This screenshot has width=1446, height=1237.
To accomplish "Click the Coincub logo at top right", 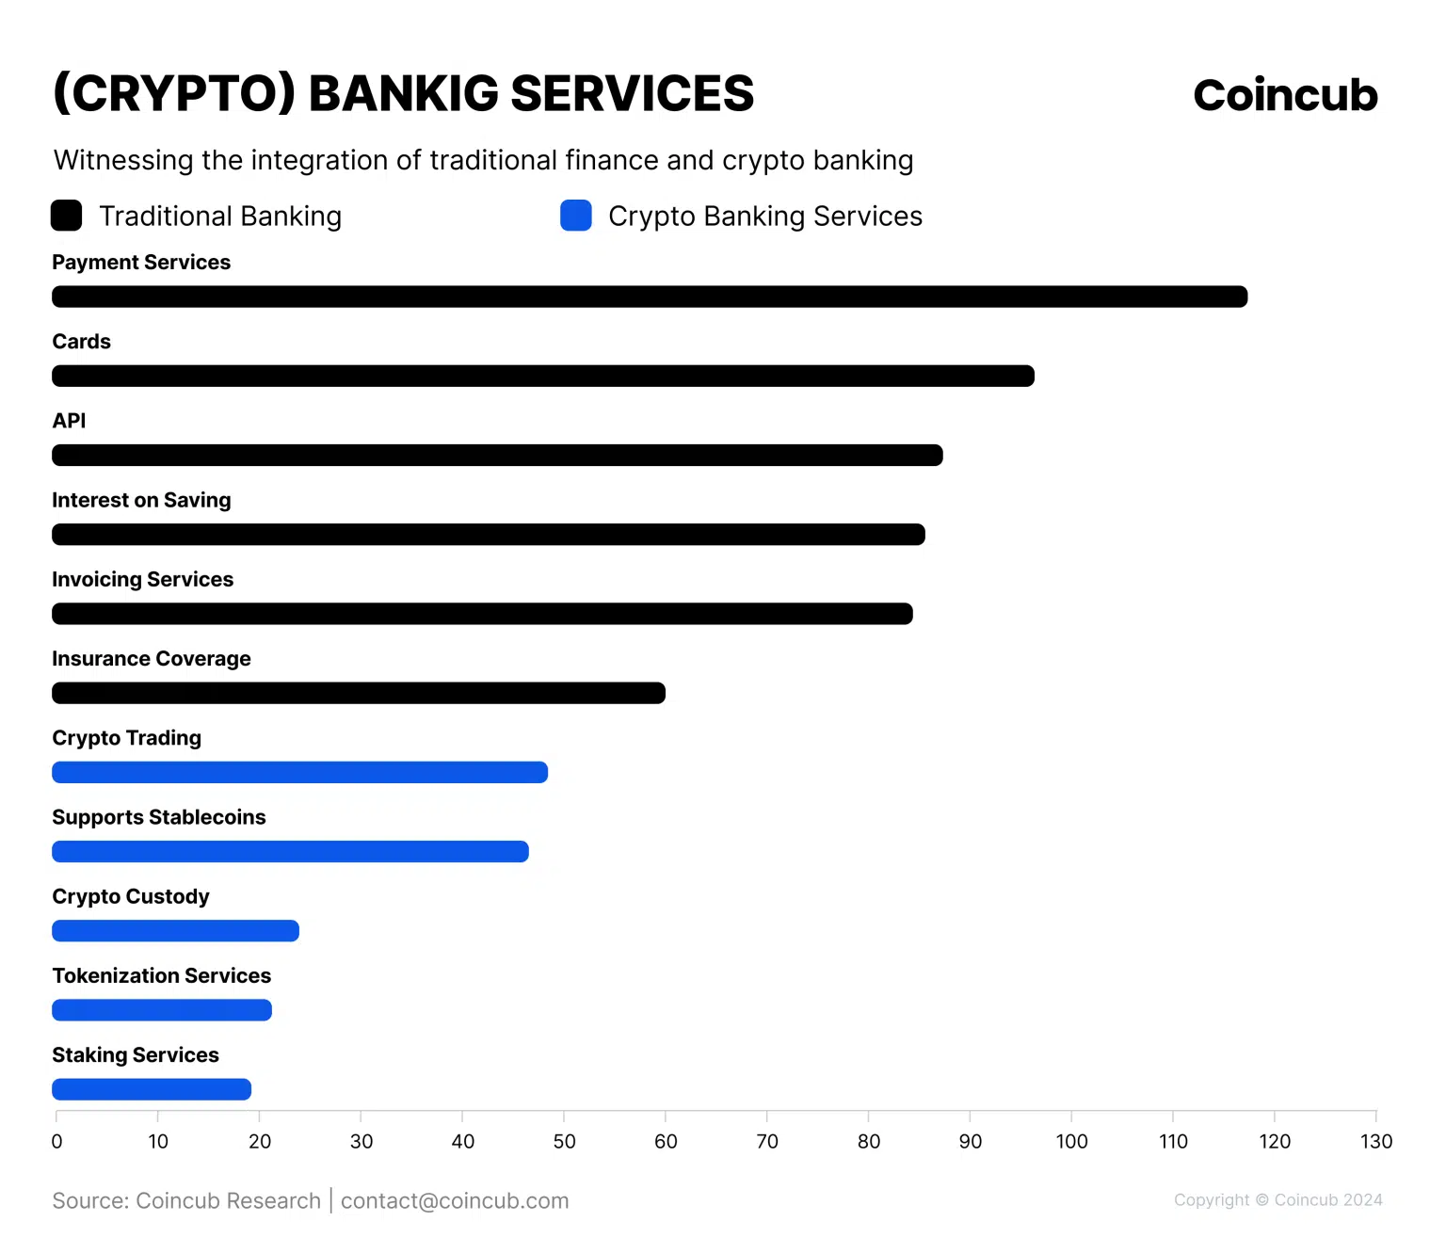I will [1285, 95].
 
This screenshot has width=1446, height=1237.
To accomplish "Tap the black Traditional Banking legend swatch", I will [67, 216].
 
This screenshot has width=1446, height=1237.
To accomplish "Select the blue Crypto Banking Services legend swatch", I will [576, 216].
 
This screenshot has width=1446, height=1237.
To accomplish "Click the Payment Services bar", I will [650, 297].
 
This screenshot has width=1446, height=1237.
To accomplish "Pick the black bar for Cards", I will [543, 377].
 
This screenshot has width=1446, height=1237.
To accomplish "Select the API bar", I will [497, 456].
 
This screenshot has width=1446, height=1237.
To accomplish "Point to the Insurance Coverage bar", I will [359, 694].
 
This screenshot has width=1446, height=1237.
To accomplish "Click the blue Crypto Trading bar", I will [299, 773].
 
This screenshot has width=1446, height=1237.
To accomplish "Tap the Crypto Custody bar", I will [175, 931].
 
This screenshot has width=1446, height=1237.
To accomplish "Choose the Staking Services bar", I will [152, 1090].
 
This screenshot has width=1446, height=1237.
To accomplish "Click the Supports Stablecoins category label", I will [159, 817].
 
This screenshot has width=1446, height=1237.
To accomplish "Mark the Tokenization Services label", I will [161, 975].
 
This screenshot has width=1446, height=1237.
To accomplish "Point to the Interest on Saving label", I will [141, 500].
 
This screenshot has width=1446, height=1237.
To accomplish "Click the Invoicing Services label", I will [142, 579].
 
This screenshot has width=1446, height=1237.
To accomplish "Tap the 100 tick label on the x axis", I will [1071, 1142].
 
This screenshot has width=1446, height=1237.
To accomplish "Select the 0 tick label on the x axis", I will [56, 1142].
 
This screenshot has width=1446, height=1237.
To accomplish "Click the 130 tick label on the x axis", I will [1375, 1142].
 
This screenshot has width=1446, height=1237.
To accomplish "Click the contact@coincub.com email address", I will [455, 1201].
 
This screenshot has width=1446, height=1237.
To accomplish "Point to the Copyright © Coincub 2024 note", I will [1277, 1200].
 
